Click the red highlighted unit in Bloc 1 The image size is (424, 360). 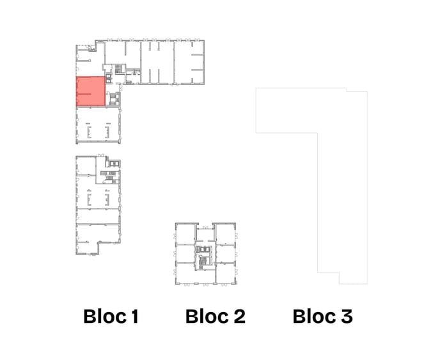(91, 91)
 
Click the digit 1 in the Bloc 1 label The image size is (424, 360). (135, 316)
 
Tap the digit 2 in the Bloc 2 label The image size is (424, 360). (239, 316)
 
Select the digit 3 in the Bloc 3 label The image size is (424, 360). (347, 316)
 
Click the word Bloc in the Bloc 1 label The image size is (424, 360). (105, 316)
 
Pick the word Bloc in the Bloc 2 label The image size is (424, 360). (207, 316)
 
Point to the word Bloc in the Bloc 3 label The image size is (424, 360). (315, 316)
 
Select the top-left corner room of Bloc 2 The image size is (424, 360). (185, 234)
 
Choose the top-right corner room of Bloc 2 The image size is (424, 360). (225, 234)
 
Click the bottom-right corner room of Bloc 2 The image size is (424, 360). (226, 273)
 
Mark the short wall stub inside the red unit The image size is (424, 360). (84, 93)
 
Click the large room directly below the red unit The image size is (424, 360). (98, 125)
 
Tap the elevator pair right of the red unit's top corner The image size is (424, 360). (109, 78)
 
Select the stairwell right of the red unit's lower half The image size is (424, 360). (114, 99)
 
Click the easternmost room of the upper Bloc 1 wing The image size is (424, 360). (189, 62)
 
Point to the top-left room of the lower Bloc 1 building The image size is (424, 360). (86, 166)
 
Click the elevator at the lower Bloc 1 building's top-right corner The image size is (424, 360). (114, 163)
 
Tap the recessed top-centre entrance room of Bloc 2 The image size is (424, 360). (205, 235)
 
